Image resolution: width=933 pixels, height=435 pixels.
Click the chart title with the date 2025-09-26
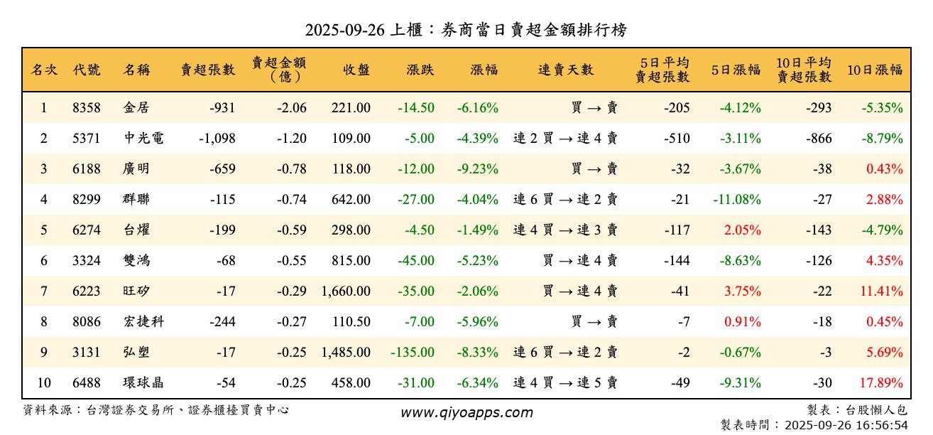(466, 30)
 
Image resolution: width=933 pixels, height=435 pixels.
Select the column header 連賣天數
(565, 70)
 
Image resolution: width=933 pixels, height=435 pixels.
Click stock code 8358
(87, 108)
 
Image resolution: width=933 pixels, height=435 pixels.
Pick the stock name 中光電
(143, 139)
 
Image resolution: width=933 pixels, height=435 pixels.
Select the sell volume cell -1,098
(217, 139)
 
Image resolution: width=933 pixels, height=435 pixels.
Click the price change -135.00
(413, 352)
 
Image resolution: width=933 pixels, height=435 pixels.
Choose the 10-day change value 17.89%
(881, 383)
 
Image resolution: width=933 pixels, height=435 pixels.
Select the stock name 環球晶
(143, 383)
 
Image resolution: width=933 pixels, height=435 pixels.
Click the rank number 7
(43, 291)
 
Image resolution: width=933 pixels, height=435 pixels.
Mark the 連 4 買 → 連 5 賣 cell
(565, 383)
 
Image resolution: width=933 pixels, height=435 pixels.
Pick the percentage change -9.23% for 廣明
(477, 169)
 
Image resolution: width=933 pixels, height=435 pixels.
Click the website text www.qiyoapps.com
(466, 412)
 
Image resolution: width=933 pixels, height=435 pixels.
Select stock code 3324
(87, 260)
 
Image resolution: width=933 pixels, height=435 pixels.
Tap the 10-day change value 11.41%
(881, 291)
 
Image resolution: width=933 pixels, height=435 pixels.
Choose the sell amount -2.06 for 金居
(292, 108)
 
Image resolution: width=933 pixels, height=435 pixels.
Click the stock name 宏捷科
(143, 321)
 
